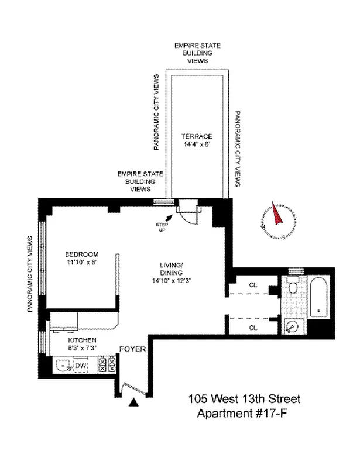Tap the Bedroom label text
point(81,254)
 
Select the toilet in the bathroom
point(293,287)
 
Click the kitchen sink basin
point(63,367)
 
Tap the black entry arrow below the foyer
point(134,402)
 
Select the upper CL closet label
point(253,285)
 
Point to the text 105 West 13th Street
point(244,400)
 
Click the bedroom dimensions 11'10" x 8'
point(81,263)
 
